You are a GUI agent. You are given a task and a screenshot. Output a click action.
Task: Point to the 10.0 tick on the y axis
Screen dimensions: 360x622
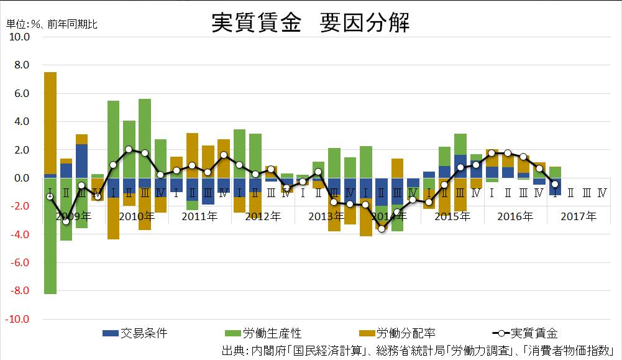click(x=17, y=37)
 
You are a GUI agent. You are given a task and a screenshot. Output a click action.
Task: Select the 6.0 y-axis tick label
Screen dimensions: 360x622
click(x=20, y=94)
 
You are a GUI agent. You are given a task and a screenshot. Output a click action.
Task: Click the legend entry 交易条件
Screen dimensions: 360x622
click(x=135, y=334)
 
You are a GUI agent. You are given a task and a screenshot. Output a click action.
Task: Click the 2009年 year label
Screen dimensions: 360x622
click(x=73, y=217)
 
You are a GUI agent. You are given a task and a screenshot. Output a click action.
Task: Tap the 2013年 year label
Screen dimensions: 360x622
click(x=326, y=217)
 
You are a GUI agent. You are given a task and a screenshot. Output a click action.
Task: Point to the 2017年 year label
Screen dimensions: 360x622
click(x=578, y=217)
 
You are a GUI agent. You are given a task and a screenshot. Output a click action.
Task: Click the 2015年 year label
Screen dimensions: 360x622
click(x=452, y=217)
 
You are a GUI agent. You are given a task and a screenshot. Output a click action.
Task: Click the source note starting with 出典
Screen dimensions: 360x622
click(x=417, y=350)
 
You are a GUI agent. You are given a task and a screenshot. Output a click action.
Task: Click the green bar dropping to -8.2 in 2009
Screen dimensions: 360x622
click(x=50, y=236)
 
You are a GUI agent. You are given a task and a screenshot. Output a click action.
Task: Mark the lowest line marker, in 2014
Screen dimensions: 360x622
click(x=382, y=229)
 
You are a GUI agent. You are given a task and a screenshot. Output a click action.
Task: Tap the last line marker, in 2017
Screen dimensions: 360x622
click(x=555, y=184)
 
